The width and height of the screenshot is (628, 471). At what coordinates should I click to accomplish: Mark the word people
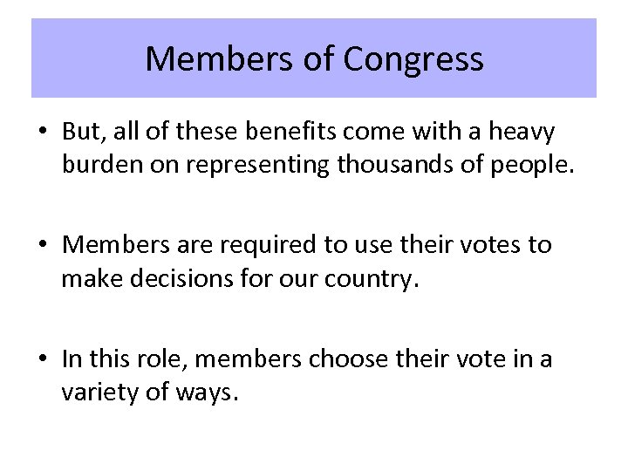pyautogui.click(x=538, y=166)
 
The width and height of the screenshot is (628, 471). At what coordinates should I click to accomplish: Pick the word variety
pyautogui.click(x=100, y=392)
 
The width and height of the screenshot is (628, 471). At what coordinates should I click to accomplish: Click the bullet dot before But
pyautogui.click(x=42, y=133)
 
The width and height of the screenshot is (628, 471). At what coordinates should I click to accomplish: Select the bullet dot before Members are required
pyautogui.click(x=42, y=246)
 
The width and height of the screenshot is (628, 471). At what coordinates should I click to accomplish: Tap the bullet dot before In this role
pyautogui.click(x=42, y=359)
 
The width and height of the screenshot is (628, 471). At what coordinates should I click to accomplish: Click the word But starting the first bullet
pyautogui.click(x=81, y=132)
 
